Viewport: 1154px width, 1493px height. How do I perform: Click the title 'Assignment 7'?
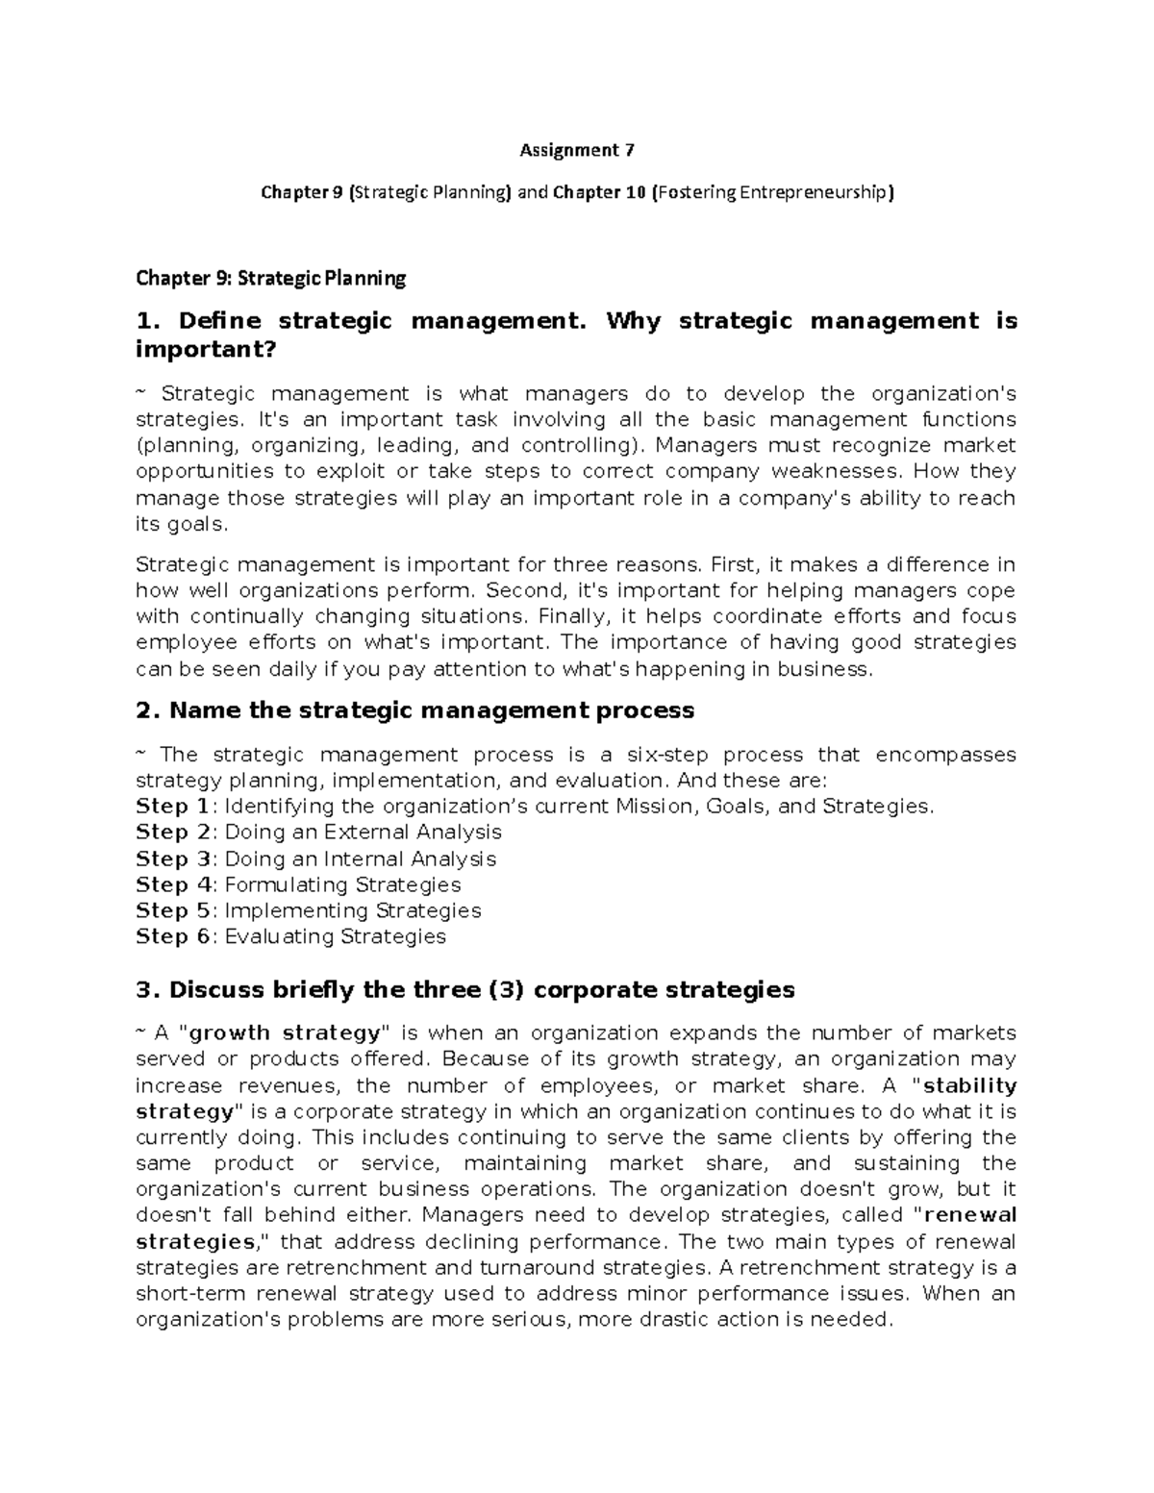coord(577,150)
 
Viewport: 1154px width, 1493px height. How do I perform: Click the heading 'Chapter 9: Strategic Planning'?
coord(271,279)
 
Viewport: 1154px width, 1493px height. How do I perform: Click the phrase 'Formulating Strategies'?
coord(342,884)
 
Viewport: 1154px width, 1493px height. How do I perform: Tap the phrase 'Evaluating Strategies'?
coord(335,936)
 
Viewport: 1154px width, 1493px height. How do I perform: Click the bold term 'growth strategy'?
coord(286,1033)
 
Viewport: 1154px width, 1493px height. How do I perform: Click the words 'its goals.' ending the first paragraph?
coord(183,524)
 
